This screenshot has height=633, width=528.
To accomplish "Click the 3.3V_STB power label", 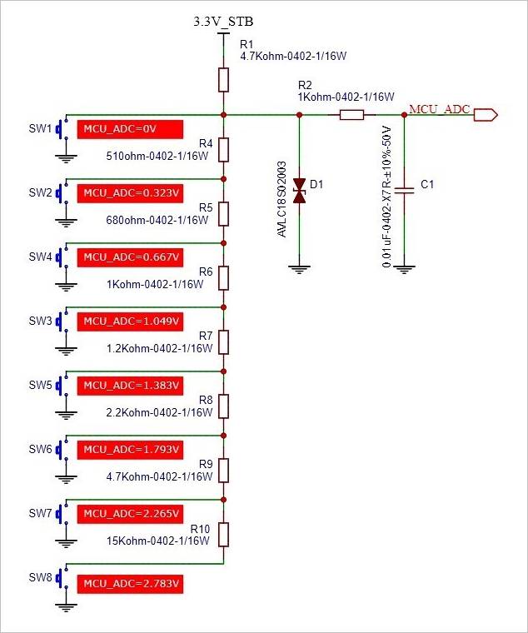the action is [223, 21].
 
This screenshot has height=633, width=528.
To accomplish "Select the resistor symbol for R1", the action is [223, 80].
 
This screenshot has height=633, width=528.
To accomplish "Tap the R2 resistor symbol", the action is [352, 115].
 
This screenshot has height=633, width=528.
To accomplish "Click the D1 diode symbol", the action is [299, 191].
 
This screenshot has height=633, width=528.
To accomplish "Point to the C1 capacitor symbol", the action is [404, 191].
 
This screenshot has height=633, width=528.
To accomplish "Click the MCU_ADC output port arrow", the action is [486, 115].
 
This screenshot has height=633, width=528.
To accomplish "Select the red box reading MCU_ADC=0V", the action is [130, 129].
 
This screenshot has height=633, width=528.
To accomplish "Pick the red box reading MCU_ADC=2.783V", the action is [130, 584].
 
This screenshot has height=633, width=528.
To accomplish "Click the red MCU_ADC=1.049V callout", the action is [130, 321].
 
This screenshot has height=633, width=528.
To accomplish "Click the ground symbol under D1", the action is [299, 269].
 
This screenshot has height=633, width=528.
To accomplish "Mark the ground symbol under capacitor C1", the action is [404, 269].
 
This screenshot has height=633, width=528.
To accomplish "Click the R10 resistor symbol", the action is [223, 535].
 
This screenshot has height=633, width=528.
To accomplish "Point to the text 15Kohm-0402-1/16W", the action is [158, 541].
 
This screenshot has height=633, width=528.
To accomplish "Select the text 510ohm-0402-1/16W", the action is [157, 156].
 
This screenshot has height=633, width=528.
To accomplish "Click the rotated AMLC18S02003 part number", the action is [281, 199].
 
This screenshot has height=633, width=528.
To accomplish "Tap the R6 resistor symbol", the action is [223, 278].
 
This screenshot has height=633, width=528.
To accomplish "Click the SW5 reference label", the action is [40, 385].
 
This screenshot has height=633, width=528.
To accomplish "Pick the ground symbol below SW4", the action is [66, 287].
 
